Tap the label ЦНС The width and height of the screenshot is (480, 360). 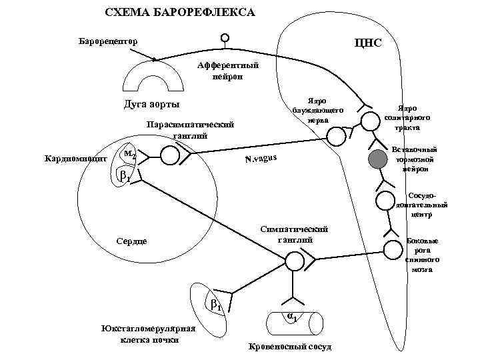pyautogui.click(x=368, y=43)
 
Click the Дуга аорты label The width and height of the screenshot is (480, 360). pyautogui.click(x=152, y=105)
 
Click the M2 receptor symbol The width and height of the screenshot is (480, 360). pyautogui.click(x=130, y=155)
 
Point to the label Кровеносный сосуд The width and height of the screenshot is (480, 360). pyautogui.click(x=289, y=347)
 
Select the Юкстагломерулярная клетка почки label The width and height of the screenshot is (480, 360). pyautogui.click(x=148, y=334)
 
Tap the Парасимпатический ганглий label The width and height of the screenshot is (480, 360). pyautogui.click(x=191, y=130)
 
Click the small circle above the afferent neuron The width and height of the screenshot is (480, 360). pyautogui.click(x=225, y=39)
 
